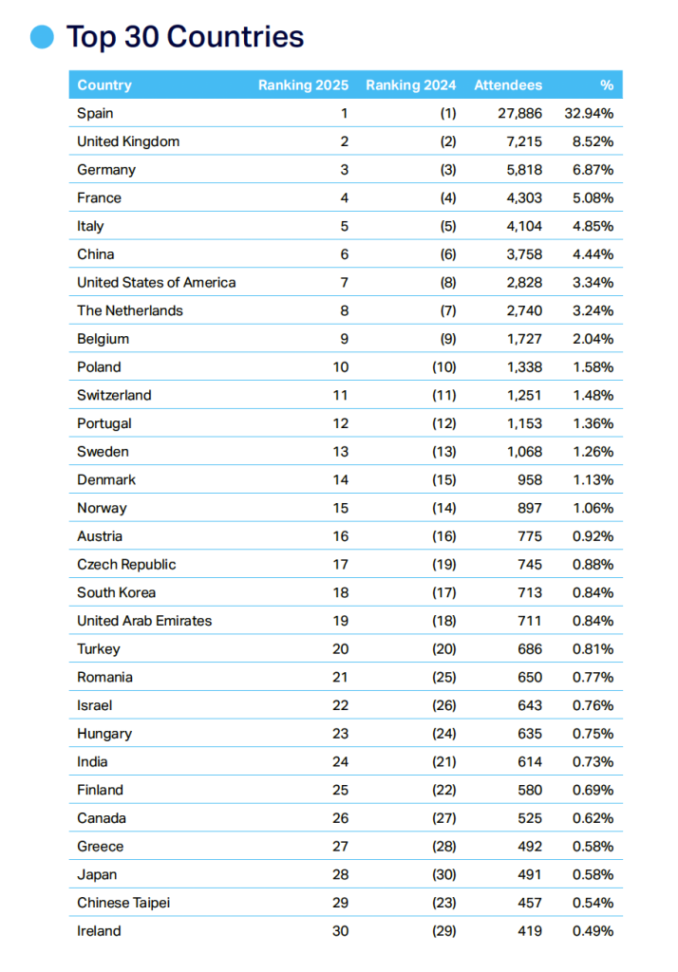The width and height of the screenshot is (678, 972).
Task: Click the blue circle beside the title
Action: click(43, 37)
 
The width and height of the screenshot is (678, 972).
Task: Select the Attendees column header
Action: click(508, 85)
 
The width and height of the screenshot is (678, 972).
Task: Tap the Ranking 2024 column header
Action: click(410, 85)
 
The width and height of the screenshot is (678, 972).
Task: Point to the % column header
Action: click(606, 85)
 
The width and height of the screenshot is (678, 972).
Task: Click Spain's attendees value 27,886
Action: click(518, 114)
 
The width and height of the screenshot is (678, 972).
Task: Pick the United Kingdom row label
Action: click(128, 141)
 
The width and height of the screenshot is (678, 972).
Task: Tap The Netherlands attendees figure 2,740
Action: click(522, 310)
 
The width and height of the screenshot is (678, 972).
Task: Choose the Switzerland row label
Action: click(114, 395)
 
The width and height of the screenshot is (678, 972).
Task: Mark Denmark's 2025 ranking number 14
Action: click(340, 479)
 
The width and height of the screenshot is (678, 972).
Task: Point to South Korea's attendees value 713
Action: click(530, 592)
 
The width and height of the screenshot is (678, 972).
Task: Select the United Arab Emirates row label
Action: click(144, 621)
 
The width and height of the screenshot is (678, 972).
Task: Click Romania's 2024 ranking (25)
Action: click(443, 677)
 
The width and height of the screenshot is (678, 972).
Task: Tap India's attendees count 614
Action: click(530, 761)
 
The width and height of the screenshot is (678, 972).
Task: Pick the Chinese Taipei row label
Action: click(123, 903)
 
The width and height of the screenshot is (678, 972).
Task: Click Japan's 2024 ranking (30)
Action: click(443, 874)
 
